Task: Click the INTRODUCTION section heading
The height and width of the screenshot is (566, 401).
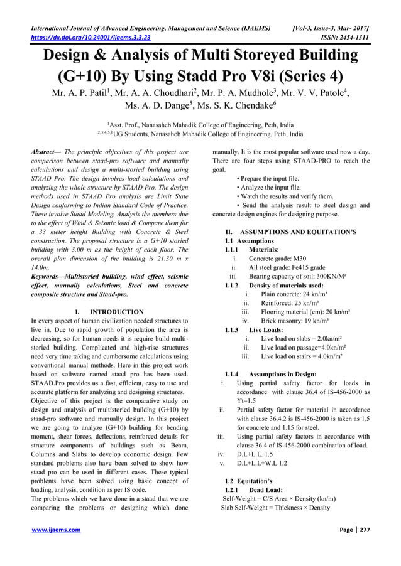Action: pos(117,312)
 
